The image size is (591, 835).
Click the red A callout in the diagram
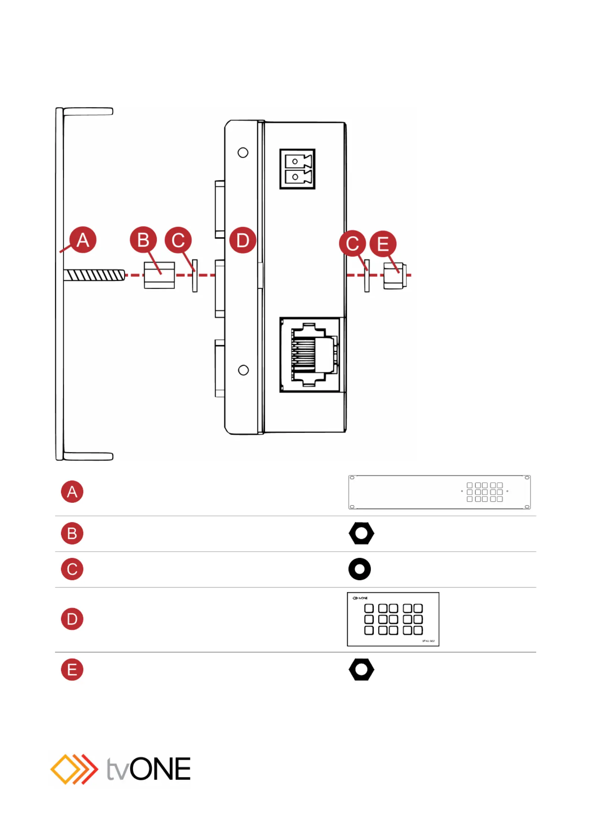83,240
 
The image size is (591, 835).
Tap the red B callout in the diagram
143,240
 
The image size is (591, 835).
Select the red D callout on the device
243,240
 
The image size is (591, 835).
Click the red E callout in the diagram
383,244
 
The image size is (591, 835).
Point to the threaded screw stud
94,275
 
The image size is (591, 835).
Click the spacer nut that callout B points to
159,275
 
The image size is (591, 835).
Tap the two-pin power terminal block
298,169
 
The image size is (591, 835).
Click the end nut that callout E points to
395,276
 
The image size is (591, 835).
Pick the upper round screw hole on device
243,152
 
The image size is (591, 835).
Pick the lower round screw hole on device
243,370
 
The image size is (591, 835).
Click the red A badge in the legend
72,492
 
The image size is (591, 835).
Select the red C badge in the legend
72,569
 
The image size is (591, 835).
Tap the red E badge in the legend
72,669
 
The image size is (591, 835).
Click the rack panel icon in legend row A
439,492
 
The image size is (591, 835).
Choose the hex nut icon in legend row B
361,533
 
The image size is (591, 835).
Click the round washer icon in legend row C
360,569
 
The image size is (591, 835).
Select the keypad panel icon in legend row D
393,619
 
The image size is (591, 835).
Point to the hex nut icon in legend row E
361,669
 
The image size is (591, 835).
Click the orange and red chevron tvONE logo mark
74,770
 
